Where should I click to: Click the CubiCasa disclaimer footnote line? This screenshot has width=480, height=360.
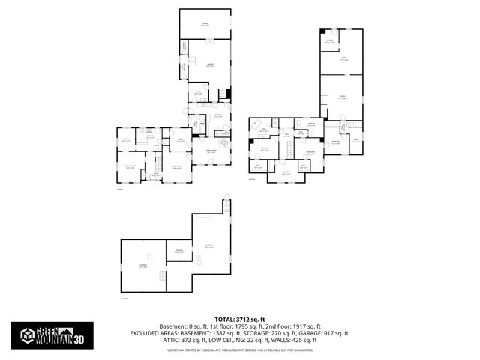pos(240,349)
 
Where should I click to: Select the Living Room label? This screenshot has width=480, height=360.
pos(178,167)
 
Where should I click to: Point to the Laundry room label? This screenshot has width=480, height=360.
pos(310,124)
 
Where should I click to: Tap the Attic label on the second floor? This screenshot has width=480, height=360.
pos(344,58)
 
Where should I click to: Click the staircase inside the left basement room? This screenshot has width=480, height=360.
pos(160,278)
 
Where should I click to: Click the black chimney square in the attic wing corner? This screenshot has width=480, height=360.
pos(323,31)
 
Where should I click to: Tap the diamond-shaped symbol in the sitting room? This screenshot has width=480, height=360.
pos(223,142)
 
